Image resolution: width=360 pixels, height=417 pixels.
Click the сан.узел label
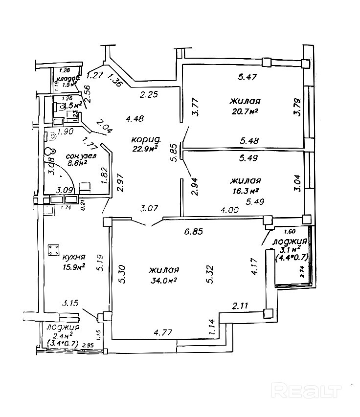(82, 156)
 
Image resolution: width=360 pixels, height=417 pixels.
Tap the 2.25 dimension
(148, 95)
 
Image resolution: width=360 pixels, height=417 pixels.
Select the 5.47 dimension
(247, 77)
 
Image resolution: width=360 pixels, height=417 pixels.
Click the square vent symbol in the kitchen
(52, 251)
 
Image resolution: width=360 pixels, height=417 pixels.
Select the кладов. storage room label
(68, 79)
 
